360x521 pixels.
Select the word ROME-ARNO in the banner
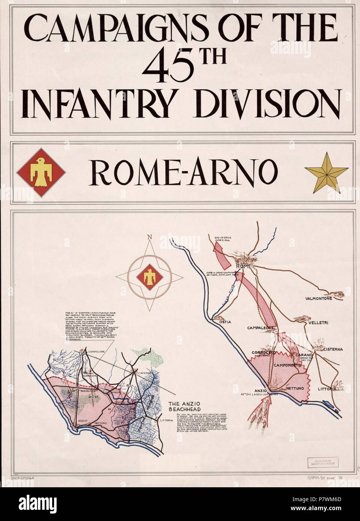coord(184,172)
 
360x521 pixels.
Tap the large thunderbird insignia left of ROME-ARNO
coord(41,172)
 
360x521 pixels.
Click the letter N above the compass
coord(150,237)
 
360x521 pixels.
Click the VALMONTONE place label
coord(319,298)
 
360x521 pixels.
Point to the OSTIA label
coord(223,322)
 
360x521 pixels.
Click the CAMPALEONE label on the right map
coord(261,328)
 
